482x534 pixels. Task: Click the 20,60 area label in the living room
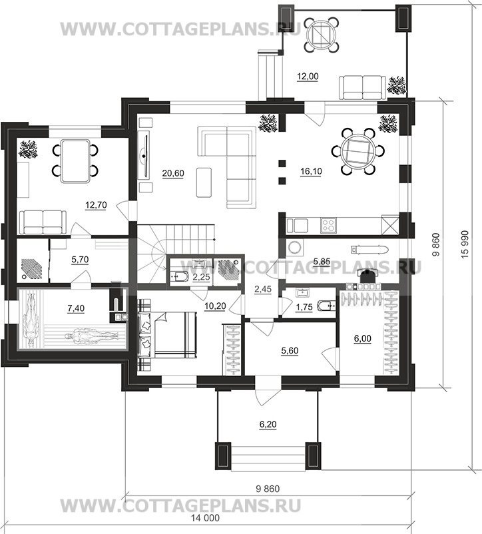173,173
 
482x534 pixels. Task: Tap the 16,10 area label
311,171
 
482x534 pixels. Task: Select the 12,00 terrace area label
308,77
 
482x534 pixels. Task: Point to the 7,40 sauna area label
76,308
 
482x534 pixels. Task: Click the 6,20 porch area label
268,424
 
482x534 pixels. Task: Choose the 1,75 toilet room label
304,307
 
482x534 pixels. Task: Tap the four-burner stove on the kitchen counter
328,226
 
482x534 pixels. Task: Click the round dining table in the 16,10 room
358,152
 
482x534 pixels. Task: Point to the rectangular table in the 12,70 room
76,160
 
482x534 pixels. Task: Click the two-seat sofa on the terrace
363,88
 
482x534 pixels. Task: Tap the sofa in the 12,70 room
43,222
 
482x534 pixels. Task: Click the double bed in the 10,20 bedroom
168,334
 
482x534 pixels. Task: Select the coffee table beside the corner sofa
204,182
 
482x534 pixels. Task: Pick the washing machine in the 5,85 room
295,247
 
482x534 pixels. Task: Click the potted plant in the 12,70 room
28,150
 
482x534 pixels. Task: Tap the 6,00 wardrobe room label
363,338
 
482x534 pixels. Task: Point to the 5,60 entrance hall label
290,351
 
